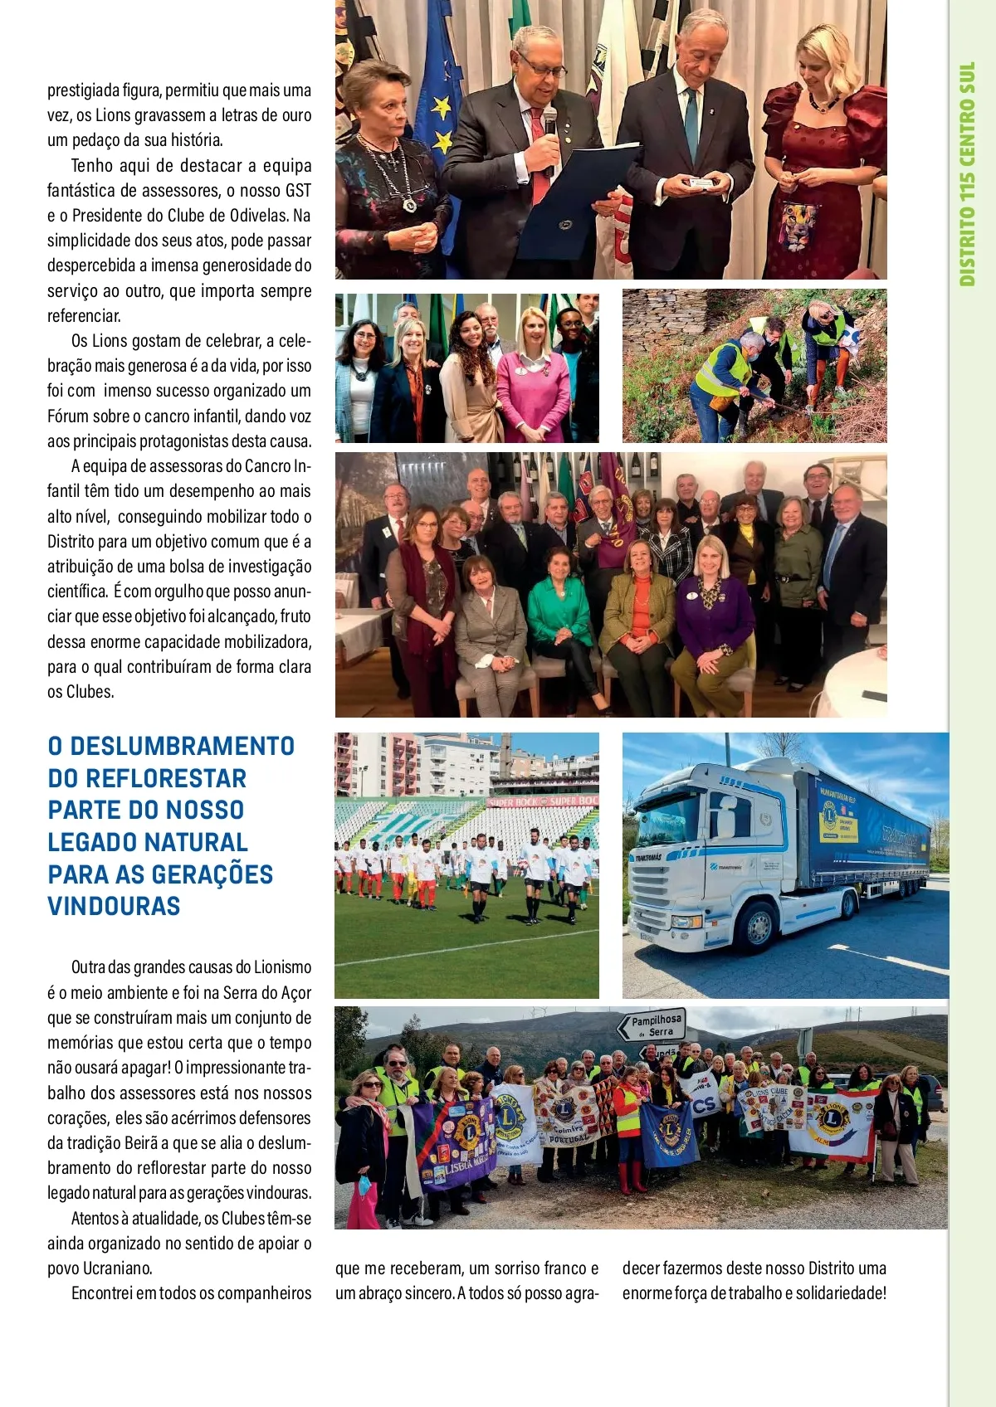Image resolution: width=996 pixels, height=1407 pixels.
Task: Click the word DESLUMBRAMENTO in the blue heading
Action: coord(182,746)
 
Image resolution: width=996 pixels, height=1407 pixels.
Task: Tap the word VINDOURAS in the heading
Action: coord(114,906)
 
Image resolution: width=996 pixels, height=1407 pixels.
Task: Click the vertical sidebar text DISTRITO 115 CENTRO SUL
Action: coord(967,174)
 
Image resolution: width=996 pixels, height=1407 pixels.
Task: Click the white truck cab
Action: coord(705,854)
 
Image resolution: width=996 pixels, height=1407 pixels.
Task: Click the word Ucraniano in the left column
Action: coord(118,1268)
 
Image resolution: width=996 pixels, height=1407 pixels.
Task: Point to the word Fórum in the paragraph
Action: coord(66,416)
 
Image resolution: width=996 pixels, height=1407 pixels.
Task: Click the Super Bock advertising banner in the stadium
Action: coord(544,801)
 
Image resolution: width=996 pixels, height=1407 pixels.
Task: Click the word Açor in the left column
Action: coord(296,992)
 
